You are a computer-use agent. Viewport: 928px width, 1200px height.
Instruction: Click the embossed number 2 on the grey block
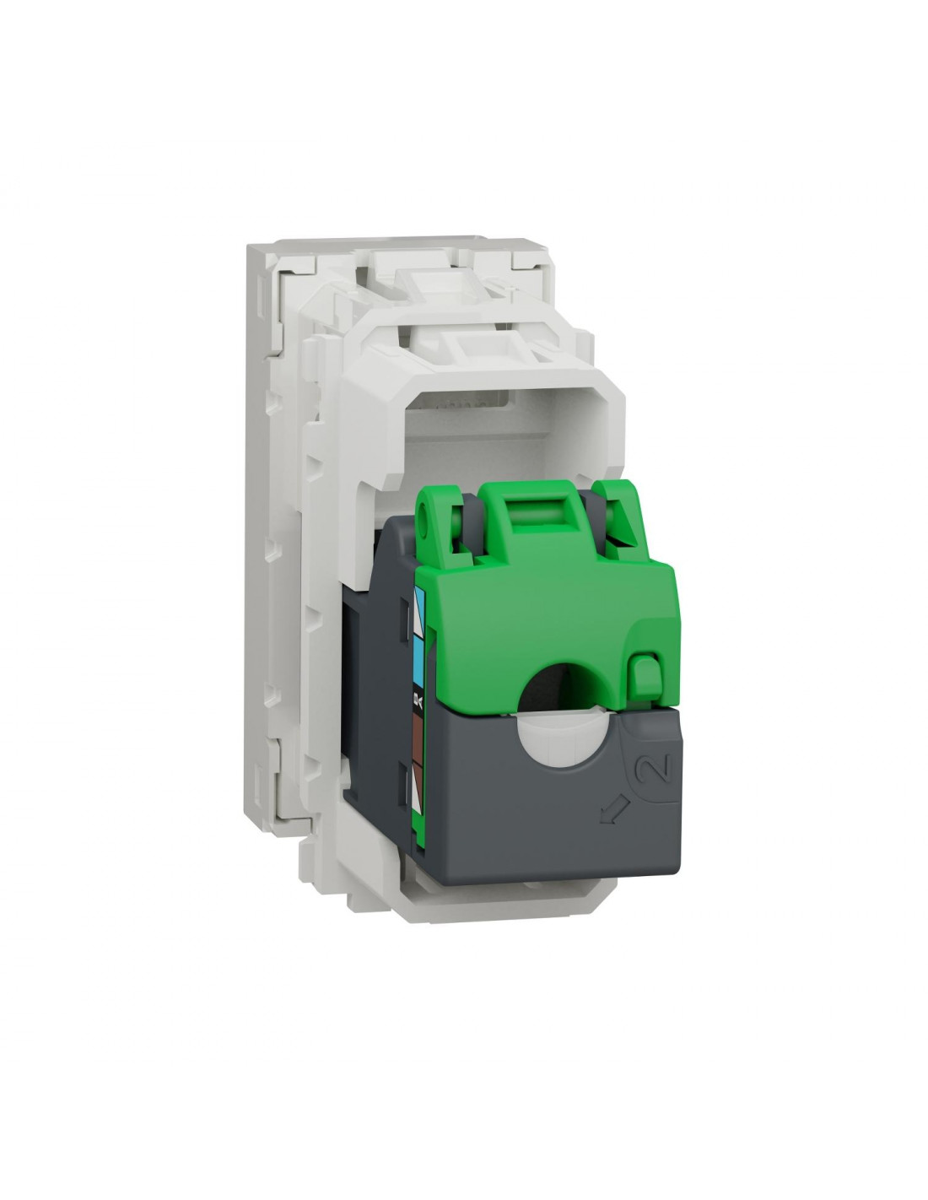[656, 770]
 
